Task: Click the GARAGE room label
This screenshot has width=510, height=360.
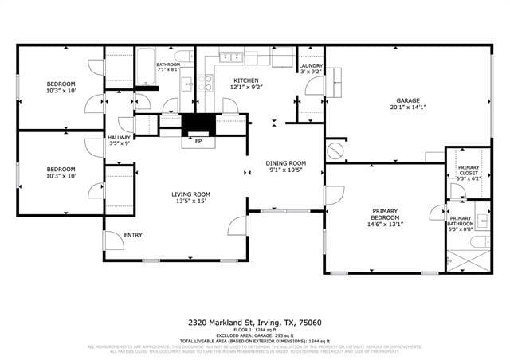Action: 408,100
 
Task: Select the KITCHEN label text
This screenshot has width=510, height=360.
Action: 245,80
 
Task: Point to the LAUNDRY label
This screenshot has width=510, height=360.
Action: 311,66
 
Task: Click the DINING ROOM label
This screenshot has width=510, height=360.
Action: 286,162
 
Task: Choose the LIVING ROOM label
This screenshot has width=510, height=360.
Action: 190,194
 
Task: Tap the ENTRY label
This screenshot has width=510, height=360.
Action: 132,234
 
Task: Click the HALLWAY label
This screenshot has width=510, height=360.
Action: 119,137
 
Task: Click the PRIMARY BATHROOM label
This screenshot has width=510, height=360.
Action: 461,221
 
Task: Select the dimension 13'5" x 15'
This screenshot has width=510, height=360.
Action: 190,202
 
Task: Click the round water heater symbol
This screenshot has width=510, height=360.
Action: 335,151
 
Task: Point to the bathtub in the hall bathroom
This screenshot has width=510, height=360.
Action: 145,67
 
